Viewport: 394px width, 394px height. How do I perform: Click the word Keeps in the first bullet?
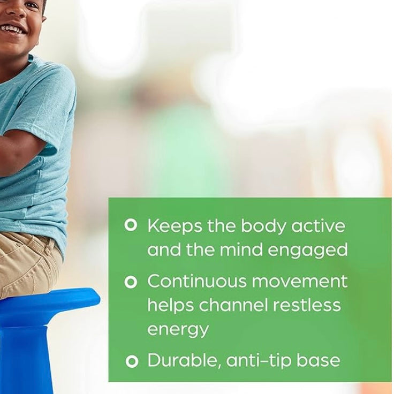pyautogui.click(x=168, y=225)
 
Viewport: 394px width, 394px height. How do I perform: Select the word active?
pyautogui.click(x=319, y=225)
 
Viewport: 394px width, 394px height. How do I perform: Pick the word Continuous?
pyautogui.click(x=196, y=281)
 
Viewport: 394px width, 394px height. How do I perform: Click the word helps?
pyautogui.click(x=171, y=305)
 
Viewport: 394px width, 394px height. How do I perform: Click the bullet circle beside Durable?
pyautogui.click(x=131, y=361)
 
